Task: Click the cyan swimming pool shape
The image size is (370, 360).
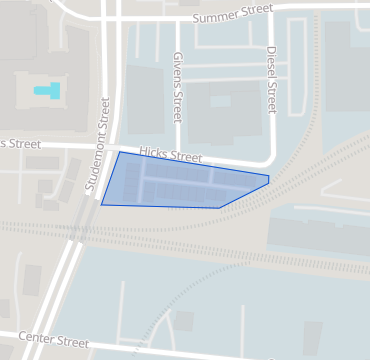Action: (47, 91)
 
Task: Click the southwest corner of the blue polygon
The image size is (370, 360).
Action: (101, 205)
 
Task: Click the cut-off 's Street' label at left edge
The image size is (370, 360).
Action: (20, 144)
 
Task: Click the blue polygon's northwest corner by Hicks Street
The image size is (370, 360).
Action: (120, 152)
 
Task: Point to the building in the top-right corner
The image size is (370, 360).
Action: (346, 60)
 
